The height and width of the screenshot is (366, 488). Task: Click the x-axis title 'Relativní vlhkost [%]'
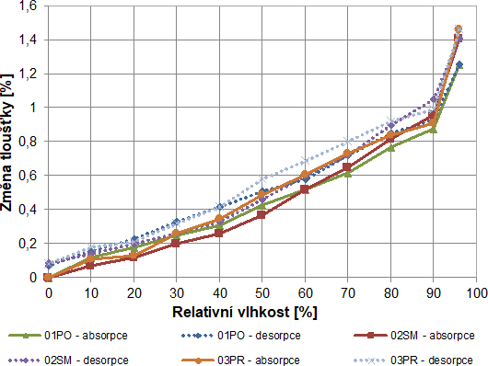245,312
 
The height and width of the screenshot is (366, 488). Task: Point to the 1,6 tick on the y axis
27,6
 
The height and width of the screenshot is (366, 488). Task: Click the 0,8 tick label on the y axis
27,142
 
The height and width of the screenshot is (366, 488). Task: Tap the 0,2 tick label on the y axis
27,244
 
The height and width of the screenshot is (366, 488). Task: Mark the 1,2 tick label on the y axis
27,74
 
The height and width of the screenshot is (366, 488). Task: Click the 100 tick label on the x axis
475,292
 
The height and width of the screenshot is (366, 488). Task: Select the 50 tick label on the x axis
262,292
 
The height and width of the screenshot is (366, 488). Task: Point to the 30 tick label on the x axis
177,292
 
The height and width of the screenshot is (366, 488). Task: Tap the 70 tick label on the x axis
347,292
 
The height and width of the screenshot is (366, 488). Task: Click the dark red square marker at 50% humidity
262,214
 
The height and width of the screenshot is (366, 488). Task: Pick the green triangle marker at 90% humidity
433,130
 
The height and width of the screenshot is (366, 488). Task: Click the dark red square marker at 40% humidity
219,233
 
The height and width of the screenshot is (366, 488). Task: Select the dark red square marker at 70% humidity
347,167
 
